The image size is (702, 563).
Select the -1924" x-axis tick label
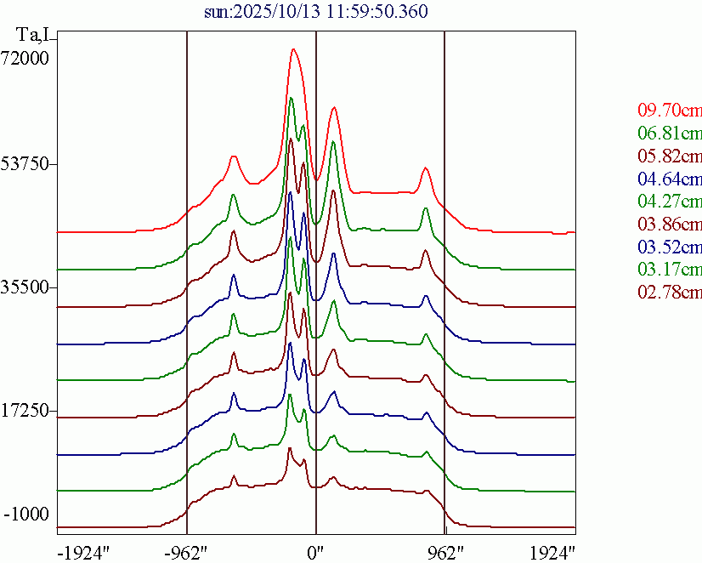tap(83, 552)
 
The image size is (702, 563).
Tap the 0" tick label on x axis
tap(316, 552)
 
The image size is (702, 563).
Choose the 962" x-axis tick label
tap(444, 552)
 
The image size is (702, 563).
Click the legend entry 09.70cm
tap(670, 110)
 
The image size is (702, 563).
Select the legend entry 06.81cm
tap(670, 133)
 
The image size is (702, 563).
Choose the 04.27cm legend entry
tap(670, 202)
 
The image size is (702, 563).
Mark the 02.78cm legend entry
tap(670, 293)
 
